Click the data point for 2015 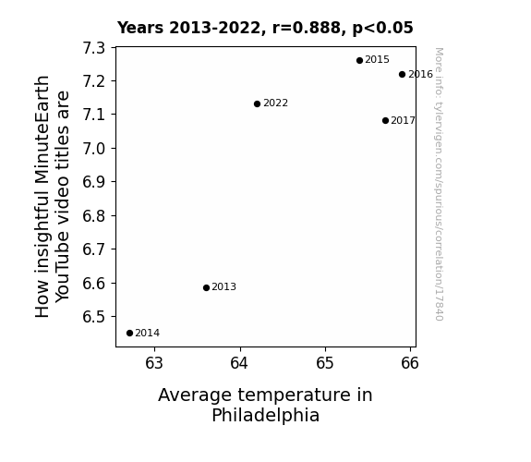(359, 61)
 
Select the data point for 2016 (402, 74)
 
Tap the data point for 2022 (257, 103)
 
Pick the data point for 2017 (385, 121)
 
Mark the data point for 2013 (206, 287)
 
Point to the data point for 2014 (129, 334)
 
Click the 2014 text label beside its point (148, 334)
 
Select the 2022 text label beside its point (276, 103)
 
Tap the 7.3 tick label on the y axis (94, 48)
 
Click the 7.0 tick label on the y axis (94, 149)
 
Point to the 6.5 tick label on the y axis (94, 317)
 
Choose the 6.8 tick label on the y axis (94, 216)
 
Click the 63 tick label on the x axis (154, 363)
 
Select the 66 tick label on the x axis (410, 363)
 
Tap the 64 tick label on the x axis (239, 363)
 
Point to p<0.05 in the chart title (382, 29)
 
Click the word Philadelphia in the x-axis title (266, 416)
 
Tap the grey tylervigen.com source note (439, 184)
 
